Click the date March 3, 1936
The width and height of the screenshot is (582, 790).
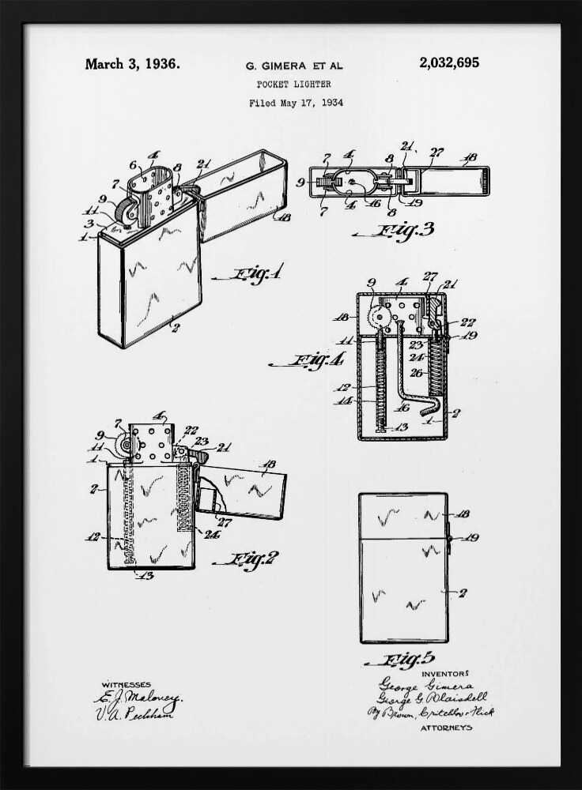(132, 64)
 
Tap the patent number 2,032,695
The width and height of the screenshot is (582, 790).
(449, 63)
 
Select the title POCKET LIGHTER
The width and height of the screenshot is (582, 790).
(294, 84)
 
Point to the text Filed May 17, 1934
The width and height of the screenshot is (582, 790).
(296, 103)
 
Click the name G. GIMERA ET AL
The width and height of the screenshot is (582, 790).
(293, 66)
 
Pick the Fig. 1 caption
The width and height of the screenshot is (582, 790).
(257, 275)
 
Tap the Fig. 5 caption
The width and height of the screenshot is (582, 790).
(408, 660)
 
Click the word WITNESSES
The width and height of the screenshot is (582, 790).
(126, 684)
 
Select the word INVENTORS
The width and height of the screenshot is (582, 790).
(445, 674)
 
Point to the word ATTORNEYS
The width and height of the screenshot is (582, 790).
(445, 727)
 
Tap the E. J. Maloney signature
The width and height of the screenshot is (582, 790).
(138, 698)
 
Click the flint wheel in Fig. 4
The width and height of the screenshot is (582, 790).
(377, 317)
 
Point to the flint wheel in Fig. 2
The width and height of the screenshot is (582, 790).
(123, 446)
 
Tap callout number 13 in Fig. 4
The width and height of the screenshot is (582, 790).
(402, 427)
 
